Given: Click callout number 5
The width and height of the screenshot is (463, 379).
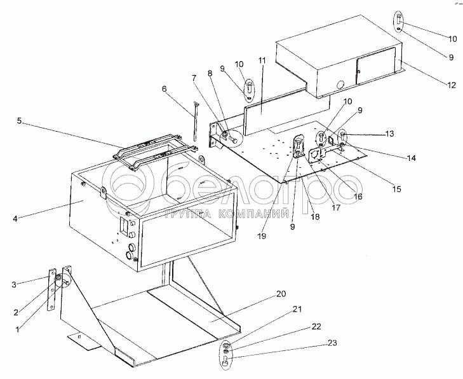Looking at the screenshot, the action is [19, 121].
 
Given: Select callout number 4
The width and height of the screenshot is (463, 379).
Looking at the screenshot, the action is [15, 219].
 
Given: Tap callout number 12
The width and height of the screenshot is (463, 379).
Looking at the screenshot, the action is [452, 85].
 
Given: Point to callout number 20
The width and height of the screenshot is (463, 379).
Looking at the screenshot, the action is [281, 294].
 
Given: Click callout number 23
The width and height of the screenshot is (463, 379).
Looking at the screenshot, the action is [332, 343].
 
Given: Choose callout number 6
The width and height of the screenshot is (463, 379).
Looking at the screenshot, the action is [164, 88].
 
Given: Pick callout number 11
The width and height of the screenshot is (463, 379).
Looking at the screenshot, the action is [262, 60].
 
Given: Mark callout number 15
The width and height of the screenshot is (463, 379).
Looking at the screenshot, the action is [397, 189].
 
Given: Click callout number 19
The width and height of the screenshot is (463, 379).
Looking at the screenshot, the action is [262, 236].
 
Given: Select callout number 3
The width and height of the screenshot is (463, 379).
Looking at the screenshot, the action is [14, 285].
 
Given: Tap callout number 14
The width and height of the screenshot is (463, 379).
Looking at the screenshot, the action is [411, 158].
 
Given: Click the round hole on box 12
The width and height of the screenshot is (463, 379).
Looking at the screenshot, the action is [340, 85].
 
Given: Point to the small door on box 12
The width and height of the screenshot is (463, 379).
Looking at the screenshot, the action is [376, 65].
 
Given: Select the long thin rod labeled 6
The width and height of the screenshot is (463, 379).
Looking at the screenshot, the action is [195, 121].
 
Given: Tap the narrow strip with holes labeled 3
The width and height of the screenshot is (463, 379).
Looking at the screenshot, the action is [51, 289].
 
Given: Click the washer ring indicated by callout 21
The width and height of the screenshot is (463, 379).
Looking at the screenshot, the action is [225, 345].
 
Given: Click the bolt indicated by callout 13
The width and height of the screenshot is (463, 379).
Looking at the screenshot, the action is [342, 136].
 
